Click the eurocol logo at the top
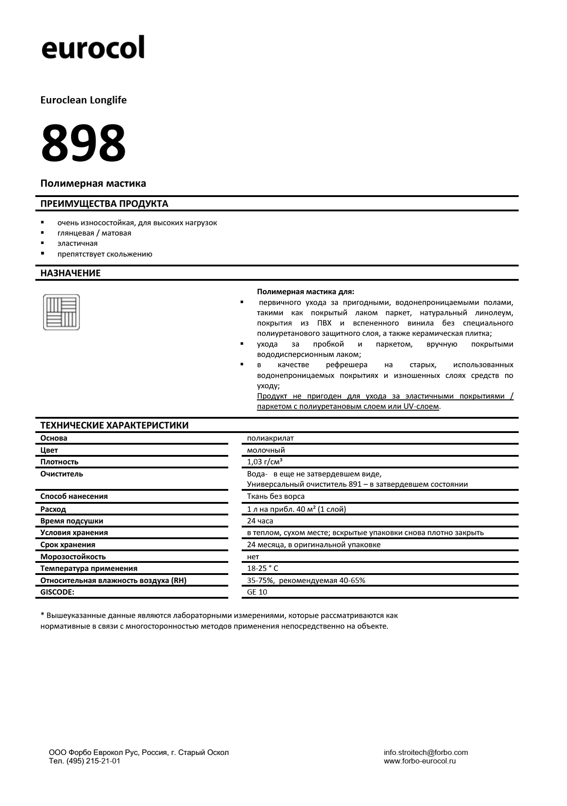pos(93,47)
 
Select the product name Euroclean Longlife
pos(84,100)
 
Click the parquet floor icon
pos(61,312)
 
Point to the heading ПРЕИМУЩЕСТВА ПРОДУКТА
pos(104,204)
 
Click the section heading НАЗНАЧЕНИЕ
pos(70,273)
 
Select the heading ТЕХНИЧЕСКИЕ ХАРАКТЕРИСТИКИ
pos(114,425)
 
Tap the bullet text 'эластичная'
pos(77,244)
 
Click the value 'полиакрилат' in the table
pos(270,438)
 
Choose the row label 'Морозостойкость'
pos(73,557)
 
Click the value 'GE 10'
pos(257,592)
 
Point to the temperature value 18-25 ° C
pos(263,569)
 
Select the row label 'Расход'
pos(53,510)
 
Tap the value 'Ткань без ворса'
pos(276,497)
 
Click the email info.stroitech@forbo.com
pos(426,753)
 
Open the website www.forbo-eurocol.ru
pos(420,761)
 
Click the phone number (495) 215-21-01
pos(93,761)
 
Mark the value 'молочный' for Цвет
pos(266,450)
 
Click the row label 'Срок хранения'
pos(68,545)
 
